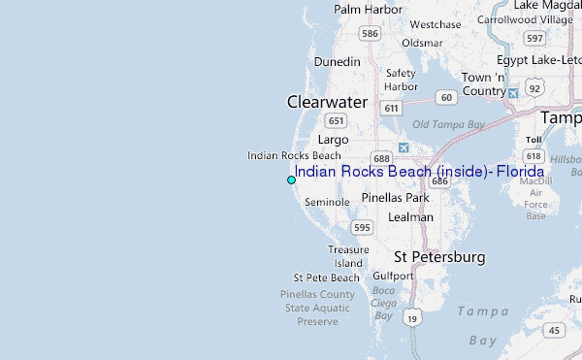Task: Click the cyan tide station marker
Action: [291, 180]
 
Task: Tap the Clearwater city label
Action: [327, 102]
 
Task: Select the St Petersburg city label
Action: [439, 257]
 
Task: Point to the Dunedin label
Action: [337, 61]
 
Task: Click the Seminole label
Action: [327, 202]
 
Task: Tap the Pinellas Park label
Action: [395, 197]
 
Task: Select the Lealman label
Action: [410, 217]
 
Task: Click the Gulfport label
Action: [393, 276]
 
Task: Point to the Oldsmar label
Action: [422, 43]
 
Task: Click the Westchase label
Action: [435, 24]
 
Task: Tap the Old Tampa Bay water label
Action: [448, 124]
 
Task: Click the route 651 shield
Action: [337, 120]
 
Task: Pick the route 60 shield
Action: [446, 97]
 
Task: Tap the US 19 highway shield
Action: [414, 317]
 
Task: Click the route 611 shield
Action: [392, 109]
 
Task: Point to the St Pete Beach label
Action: [326, 278]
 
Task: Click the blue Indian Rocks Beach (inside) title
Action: [419, 172]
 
